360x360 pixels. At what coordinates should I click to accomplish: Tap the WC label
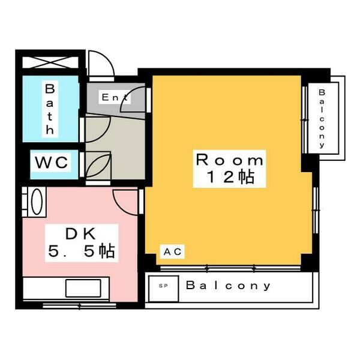coord(53,162)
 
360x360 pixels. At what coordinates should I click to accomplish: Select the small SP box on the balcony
coord(163,286)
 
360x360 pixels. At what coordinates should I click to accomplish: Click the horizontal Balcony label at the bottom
coord(228,286)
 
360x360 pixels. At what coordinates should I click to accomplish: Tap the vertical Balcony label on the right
coord(322,118)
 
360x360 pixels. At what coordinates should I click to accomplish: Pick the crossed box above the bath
coord(50,62)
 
